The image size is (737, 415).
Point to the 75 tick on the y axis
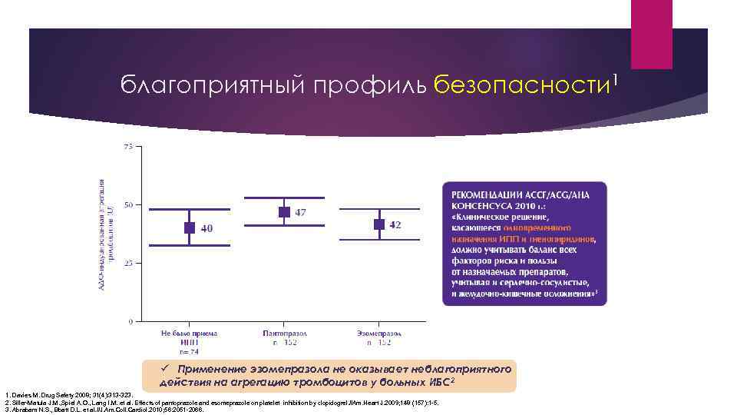[x=127, y=146]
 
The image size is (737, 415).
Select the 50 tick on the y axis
[x=127, y=204]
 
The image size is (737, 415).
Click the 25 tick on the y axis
[x=127, y=263]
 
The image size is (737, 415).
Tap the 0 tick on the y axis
[x=130, y=320]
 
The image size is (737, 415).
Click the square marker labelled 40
[x=189, y=227]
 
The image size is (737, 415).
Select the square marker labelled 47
[x=284, y=211]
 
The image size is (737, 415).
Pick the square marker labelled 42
[x=379, y=224]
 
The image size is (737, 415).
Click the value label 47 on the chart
[x=301, y=212]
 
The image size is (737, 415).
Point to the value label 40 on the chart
[x=207, y=228]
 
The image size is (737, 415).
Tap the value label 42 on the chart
[x=395, y=224]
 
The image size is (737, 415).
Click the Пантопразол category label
[x=284, y=334]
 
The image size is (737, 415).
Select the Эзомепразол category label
[x=379, y=334]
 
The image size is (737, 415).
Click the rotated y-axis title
[x=106, y=234]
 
